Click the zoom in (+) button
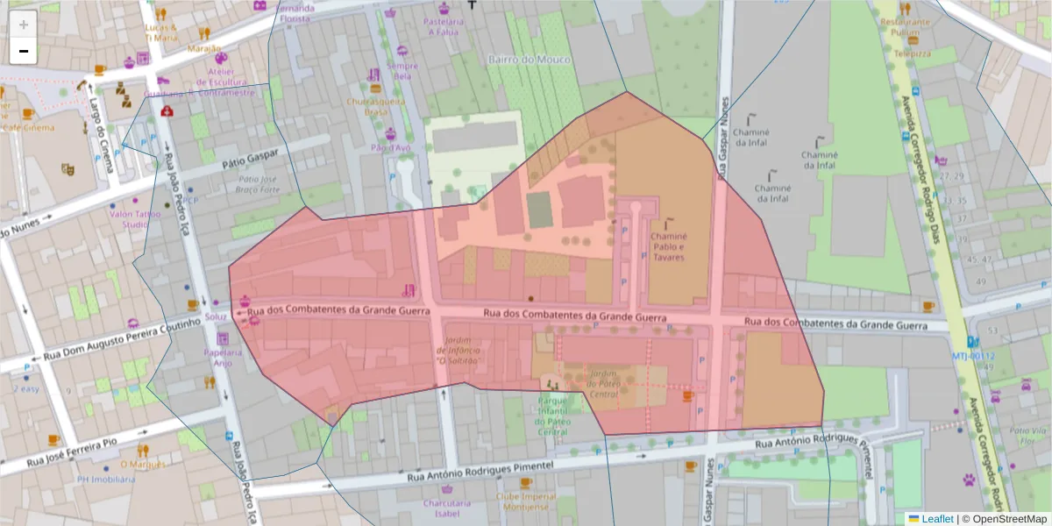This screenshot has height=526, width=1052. click(24, 25)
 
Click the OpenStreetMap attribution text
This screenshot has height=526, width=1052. click(1008, 519)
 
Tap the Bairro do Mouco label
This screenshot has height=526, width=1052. click(529, 60)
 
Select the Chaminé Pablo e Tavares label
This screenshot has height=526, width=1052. click(669, 247)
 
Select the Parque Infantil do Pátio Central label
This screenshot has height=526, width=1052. click(552, 416)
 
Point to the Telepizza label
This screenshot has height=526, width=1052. click(912, 53)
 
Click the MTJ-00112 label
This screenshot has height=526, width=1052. click(972, 356)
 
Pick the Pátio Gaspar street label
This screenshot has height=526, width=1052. click(250, 160)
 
